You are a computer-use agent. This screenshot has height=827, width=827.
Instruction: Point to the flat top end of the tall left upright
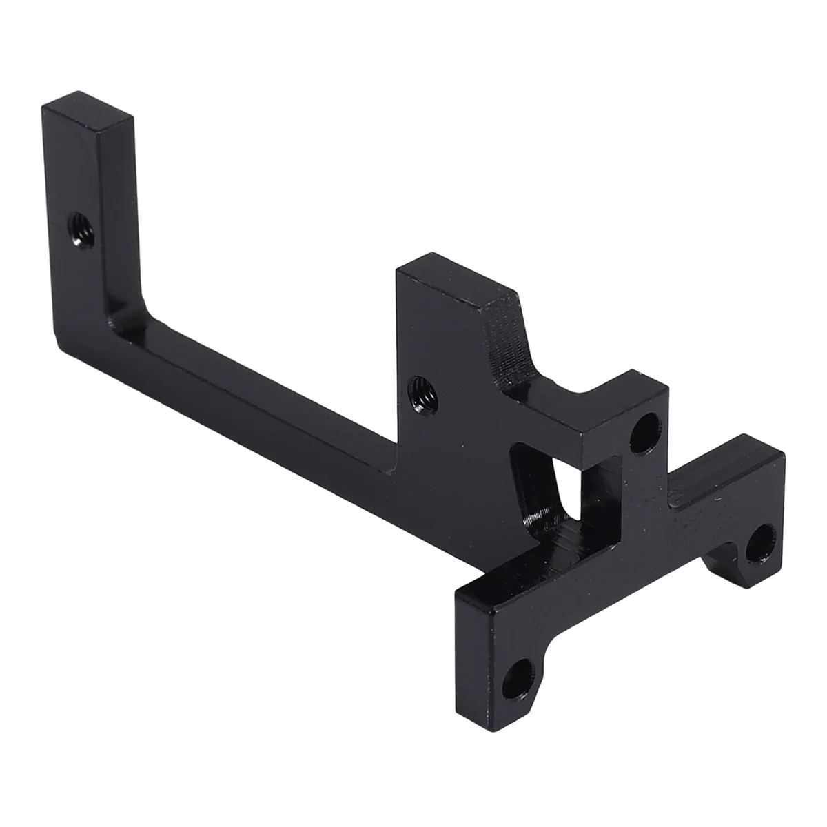tap(88, 112)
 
